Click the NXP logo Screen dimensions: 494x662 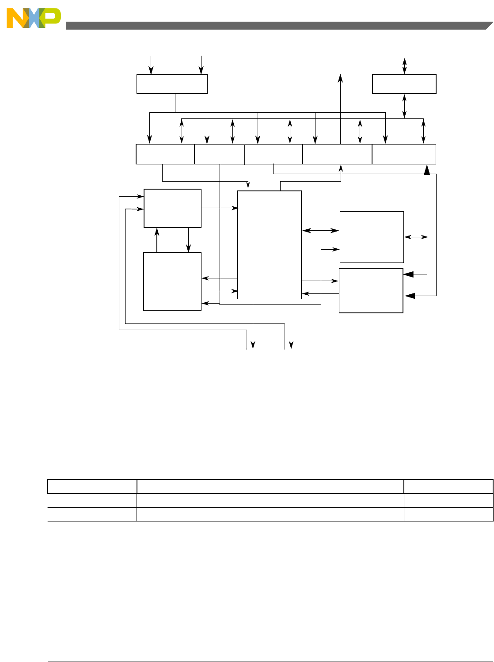tap(34, 19)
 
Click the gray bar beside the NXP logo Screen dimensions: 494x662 tap(274, 26)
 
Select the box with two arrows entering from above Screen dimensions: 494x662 tap(172, 84)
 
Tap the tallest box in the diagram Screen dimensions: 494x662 tap(270, 245)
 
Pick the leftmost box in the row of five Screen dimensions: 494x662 tap(165, 154)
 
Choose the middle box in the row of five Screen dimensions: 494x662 tap(274, 154)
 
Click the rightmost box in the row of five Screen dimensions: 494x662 tap(404, 154)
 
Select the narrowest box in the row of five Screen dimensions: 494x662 tap(220, 154)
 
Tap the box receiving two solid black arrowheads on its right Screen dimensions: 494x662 tap(371, 290)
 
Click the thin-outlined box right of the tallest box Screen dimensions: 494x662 tap(372, 237)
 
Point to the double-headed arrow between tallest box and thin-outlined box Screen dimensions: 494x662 tap(321, 230)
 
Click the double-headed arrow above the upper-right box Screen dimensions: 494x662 tap(404, 66)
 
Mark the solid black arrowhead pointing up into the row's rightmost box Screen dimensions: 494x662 tap(427, 169)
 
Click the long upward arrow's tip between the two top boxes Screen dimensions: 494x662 tap(341, 77)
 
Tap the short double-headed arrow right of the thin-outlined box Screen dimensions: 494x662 tap(416, 237)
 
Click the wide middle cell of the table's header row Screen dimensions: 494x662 tap(270, 487)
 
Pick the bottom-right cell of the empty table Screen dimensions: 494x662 tap(448, 514)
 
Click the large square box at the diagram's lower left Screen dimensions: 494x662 tap(172, 281)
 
